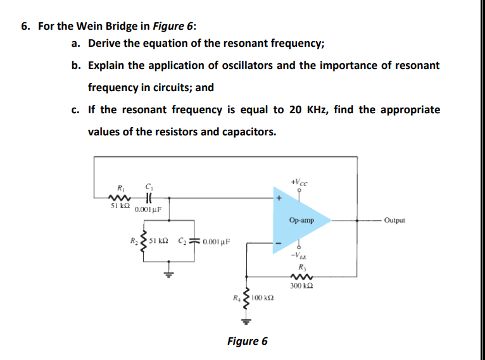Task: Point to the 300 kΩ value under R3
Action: coord(299,286)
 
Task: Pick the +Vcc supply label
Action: coord(298,182)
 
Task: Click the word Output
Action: coord(393,220)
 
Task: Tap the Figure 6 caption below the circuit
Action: coord(247,341)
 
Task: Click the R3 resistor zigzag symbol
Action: coord(299,276)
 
